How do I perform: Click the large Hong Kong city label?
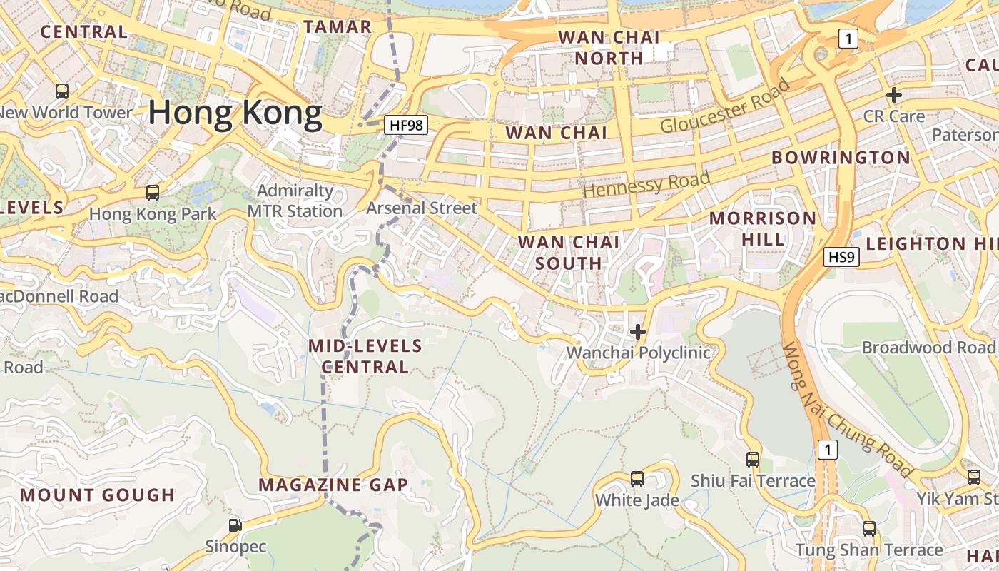pos(235,113)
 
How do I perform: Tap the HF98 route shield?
pos(406,126)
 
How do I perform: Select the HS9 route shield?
pos(841,257)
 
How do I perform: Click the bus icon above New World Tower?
pos(62,91)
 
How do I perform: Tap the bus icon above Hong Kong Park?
pos(152,192)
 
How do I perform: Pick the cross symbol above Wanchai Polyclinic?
pos(638,332)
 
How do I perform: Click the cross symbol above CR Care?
pos(893,95)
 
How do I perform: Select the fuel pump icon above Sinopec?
pos(235,525)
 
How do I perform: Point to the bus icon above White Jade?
pos(637,478)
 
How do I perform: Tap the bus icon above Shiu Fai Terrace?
pos(753,459)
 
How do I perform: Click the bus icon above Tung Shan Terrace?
pos(868,529)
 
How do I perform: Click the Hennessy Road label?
pos(646,184)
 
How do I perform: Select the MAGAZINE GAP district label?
pos(333,485)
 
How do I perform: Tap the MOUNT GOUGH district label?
pos(97,495)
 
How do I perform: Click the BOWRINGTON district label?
pos(841,158)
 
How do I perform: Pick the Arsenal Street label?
pos(421,208)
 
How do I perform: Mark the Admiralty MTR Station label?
pos(295,201)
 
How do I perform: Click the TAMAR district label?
pos(338,27)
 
